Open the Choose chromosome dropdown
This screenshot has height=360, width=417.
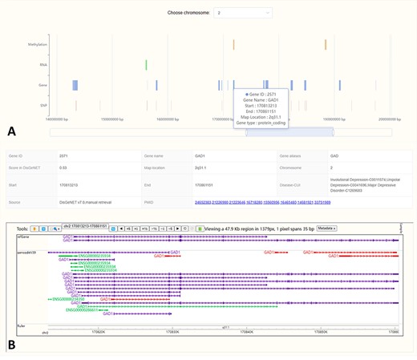pyautogui.click(x=243, y=13)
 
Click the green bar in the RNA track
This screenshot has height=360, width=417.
pyautogui.click(x=146, y=65)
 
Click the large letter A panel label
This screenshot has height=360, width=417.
pyautogui.click(x=11, y=130)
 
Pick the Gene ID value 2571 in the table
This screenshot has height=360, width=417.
pyautogui.click(x=63, y=156)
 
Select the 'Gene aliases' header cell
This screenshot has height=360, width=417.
pyautogui.click(x=291, y=156)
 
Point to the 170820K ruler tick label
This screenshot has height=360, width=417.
pyautogui.click(x=99, y=330)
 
